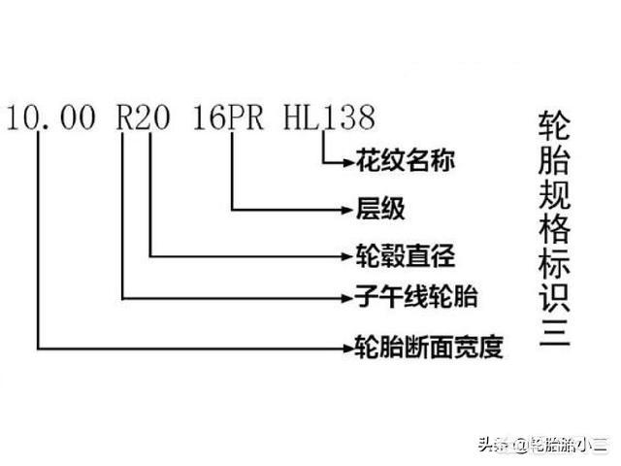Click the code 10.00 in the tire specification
51,117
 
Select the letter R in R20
125,117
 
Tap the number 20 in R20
153,117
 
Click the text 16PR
229,117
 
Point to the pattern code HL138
330,117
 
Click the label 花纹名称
406,160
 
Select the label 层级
380,209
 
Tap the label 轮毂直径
406,256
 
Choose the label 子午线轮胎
416,297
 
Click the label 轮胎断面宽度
429,348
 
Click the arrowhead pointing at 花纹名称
348,162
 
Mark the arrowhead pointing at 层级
347,210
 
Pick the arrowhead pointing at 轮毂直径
347,256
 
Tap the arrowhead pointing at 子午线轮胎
347,298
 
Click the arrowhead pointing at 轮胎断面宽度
348,349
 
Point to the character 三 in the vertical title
554,331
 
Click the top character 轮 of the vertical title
554,125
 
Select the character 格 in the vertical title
554,228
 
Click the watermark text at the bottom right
542,445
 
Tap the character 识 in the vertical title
554,296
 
